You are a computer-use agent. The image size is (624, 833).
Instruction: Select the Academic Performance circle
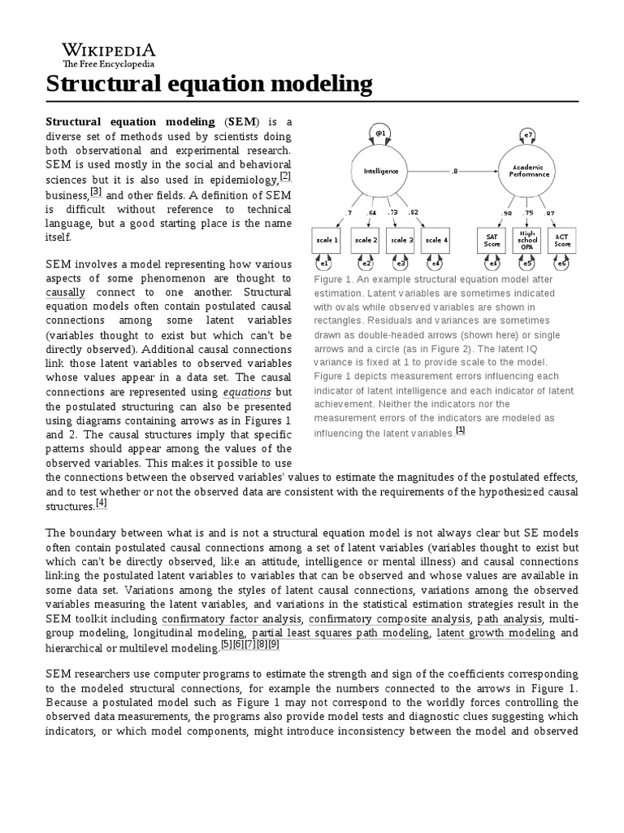(528, 172)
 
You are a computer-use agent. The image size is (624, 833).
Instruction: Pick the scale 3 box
(400, 240)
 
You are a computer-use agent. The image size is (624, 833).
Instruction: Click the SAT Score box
(492, 240)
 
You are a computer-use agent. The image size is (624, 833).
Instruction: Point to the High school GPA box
(527, 240)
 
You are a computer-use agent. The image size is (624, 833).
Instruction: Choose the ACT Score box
(562, 240)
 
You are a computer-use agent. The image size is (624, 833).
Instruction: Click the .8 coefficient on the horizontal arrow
(454, 171)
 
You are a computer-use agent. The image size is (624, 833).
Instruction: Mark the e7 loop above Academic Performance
(528, 133)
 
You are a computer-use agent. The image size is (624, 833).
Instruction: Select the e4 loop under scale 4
(435, 263)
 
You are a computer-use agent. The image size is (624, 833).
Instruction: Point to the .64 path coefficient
(371, 213)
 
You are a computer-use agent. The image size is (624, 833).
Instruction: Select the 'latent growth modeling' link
(486, 633)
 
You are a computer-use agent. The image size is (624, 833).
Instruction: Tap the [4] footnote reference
(102, 504)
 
